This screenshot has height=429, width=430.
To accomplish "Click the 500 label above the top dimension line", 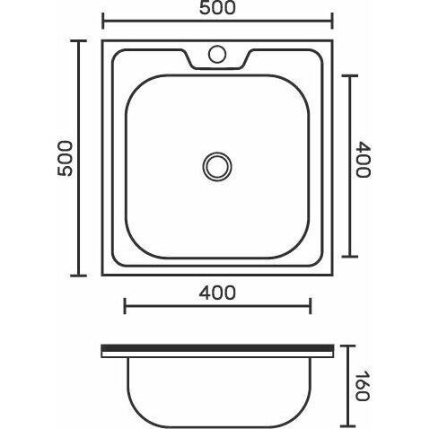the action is coord(217,8).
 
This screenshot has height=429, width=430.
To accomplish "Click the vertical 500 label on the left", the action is coord(65,158).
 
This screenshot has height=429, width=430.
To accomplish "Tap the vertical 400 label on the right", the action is coord(364,160).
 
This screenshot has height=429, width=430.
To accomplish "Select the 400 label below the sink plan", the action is coord(217,293).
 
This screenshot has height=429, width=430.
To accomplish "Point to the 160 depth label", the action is coord(363,386).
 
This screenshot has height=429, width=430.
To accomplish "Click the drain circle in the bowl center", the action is coord(217,167).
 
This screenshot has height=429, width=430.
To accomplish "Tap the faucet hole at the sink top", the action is coord(217,54).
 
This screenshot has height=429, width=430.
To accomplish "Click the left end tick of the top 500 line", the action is coord(103,21).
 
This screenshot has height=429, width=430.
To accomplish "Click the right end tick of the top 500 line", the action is coord(332,21).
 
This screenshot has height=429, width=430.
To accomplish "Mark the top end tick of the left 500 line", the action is coord(79,40).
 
